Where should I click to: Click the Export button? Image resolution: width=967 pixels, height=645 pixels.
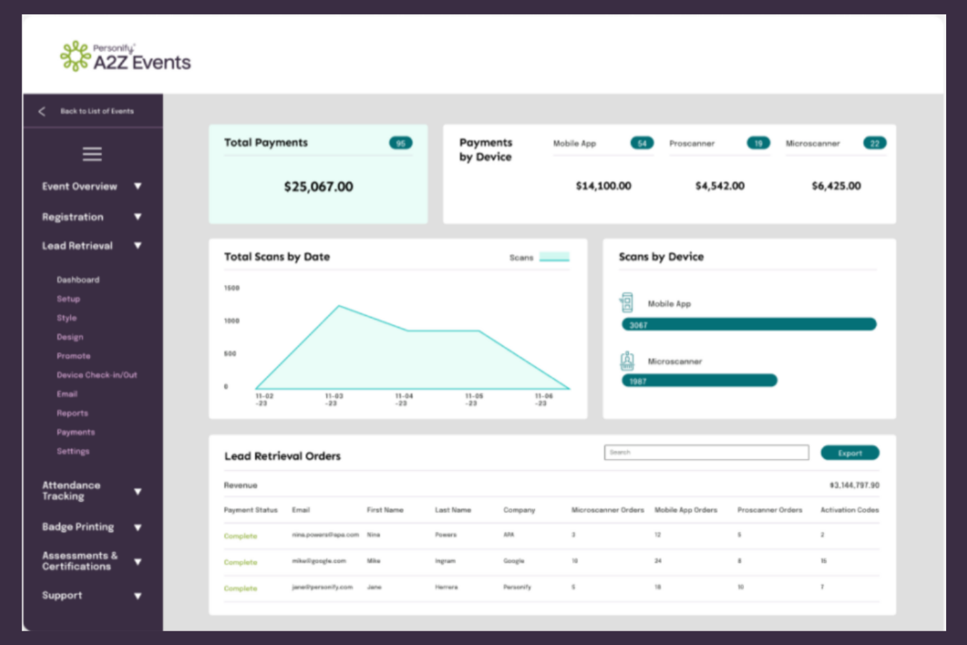[849, 453]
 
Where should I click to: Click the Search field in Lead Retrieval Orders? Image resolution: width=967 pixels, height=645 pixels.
[706, 452]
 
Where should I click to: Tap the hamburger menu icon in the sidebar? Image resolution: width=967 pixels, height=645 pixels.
[92, 154]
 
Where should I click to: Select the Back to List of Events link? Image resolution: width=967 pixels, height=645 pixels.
[96, 111]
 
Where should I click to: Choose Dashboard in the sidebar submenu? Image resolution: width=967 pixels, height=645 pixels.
[78, 280]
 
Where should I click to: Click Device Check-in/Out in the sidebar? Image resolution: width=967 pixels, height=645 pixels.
[97, 375]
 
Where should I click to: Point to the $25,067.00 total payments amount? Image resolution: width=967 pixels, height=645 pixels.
[318, 187]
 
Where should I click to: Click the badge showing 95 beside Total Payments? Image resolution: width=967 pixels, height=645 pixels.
[401, 143]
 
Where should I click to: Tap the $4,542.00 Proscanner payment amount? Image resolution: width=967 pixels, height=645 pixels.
[719, 186]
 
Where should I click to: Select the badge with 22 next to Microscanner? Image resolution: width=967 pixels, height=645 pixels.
[874, 143]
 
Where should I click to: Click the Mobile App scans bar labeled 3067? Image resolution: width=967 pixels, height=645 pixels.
[749, 324]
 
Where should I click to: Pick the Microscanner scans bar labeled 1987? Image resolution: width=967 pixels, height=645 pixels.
[699, 380]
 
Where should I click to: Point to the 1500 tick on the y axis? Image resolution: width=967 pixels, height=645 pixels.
[232, 288]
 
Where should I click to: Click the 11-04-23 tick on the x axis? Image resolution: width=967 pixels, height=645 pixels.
[404, 399]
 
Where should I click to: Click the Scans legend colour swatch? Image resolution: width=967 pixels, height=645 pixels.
[554, 257]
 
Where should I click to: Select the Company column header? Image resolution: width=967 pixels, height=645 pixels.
[519, 510]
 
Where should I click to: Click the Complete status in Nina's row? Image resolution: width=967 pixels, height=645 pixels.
[240, 536]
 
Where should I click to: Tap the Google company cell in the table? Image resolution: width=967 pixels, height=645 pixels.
[514, 561]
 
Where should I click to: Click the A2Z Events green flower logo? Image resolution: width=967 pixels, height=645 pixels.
[75, 56]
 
